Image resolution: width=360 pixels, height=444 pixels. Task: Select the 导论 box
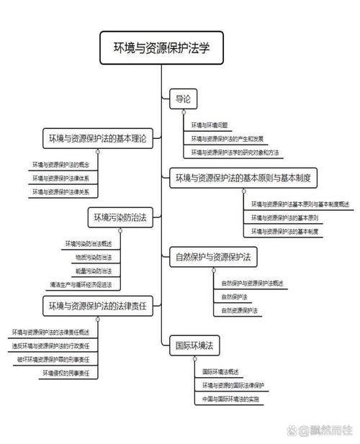tap(182, 100)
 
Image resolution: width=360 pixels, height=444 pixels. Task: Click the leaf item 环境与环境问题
tap(210, 125)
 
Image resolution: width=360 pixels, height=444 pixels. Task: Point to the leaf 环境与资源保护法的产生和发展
tap(228, 139)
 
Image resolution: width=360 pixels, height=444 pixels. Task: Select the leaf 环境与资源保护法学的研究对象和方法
tap(235, 153)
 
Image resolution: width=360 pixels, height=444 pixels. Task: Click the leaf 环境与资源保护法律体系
tap(66, 178)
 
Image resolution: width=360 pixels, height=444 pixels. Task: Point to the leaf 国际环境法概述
tap(220, 371)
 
